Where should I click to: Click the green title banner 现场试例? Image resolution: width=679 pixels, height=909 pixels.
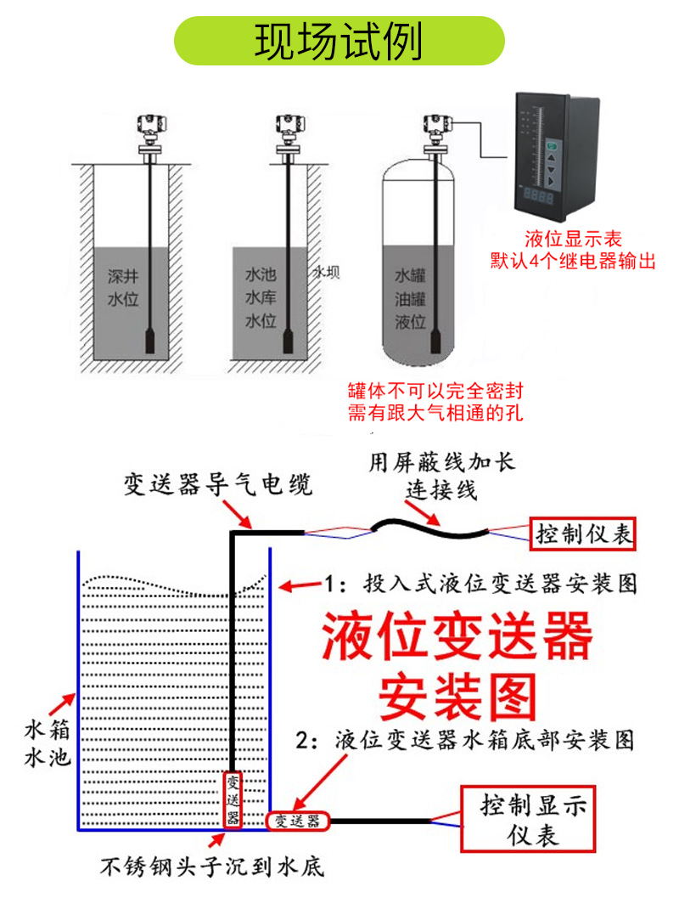click(339, 42)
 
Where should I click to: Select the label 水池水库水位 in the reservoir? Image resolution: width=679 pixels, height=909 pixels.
click(261, 298)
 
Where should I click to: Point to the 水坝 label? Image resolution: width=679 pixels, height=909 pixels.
click(327, 273)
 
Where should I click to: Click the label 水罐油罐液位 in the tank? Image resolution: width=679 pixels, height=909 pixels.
click(410, 299)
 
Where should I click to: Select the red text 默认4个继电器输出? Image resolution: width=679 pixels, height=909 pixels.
click(574, 261)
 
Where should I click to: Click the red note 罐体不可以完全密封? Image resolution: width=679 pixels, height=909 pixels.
click(435, 391)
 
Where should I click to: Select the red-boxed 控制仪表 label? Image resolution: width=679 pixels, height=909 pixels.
click(583, 534)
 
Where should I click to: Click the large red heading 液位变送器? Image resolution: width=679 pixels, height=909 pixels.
click(456, 638)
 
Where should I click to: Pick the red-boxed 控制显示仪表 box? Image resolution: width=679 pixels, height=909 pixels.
click(524, 818)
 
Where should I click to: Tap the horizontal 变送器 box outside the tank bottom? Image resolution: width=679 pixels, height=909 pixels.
click(296, 821)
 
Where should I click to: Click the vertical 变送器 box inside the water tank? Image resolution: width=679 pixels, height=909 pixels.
click(233, 799)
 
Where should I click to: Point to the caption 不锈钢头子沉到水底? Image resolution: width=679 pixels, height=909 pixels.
click(211, 868)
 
